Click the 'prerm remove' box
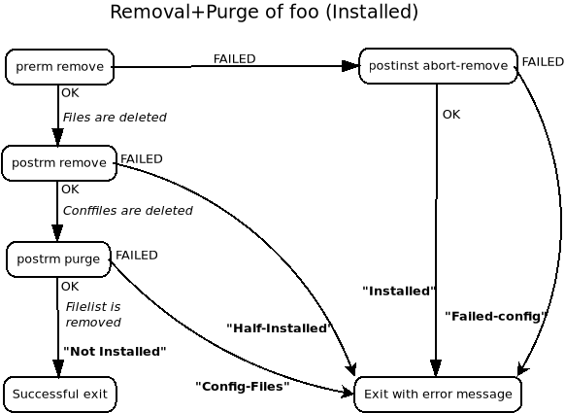(x=59, y=67)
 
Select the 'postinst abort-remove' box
(x=438, y=66)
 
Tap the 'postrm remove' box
(x=59, y=163)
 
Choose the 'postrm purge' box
(x=58, y=259)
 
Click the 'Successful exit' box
(x=60, y=395)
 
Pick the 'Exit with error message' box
(x=438, y=395)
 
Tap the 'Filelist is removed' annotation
(x=93, y=315)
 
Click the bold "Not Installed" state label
(x=115, y=352)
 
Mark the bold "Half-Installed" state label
(x=280, y=328)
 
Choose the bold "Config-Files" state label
(x=243, y=387)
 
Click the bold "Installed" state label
(x=398, y=291)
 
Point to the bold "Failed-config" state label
(x=496, y=316)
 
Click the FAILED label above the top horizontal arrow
(x=234, y=59)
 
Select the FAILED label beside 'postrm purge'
(x=137, y=256)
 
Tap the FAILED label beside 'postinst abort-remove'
(x=543, y=62)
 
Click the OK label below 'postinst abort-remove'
(x=451, y=115)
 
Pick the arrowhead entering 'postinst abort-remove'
(x=350, y=66)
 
